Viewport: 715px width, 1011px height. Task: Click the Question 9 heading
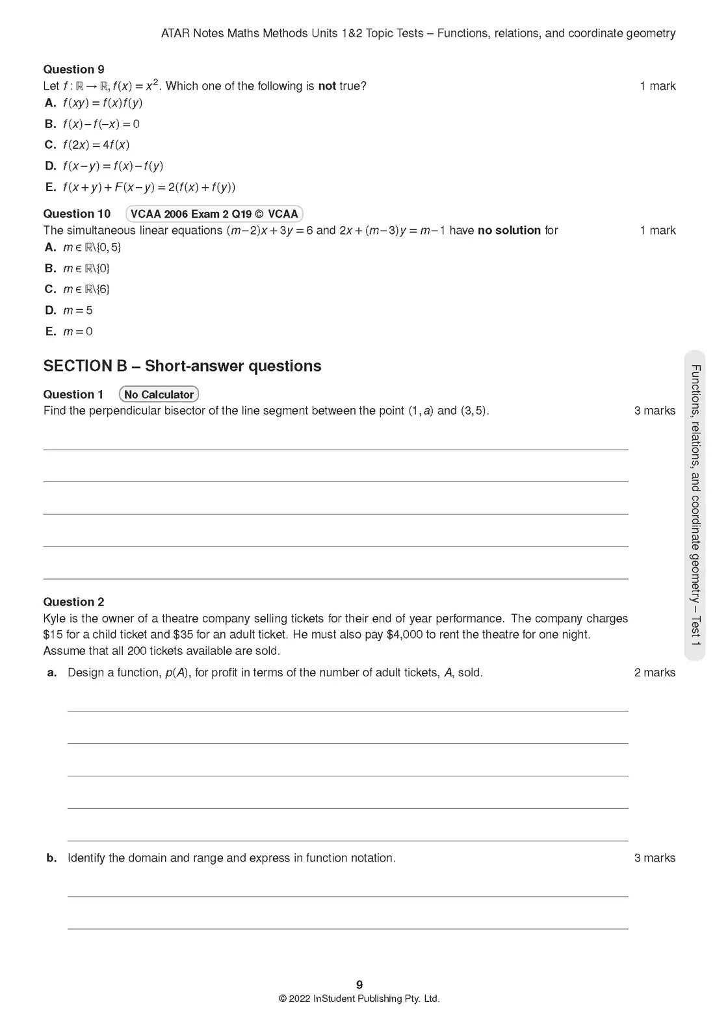(x=73, y=70)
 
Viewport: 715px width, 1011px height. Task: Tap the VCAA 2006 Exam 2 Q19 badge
(x=214, y=214)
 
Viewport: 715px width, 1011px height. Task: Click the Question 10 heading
(x=77, y=214)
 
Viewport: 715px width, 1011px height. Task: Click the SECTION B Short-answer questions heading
(x=182, y=366)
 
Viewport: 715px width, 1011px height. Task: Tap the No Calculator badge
(x=159, y=394)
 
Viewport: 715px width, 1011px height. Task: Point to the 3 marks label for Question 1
(x=655, y=411)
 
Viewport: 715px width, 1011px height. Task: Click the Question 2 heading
(x=73, y=602)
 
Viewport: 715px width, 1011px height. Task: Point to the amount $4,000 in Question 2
(x=404, y=635)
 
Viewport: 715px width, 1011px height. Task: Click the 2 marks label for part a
(x=655, y=672)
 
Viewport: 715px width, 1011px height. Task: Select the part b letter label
(x=52, y=858)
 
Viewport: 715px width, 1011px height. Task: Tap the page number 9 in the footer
(x=359, y=984)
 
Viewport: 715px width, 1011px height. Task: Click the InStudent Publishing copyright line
(x=359, y=999)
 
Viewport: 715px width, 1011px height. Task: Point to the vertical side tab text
(x=695, y=505)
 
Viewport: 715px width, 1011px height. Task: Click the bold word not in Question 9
(x=327, y=86)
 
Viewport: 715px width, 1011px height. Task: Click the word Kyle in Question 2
(x=54, y=619)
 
